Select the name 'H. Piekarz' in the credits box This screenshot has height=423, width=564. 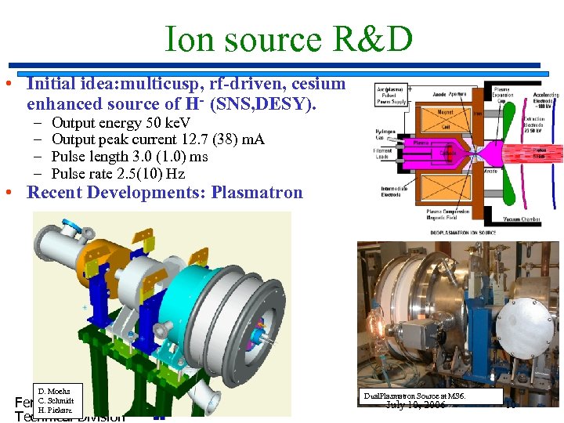[x=54, y=410]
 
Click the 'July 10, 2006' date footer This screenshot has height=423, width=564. [x=415, y=406]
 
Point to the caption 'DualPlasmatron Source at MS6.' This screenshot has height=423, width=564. [x=414, y=396]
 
